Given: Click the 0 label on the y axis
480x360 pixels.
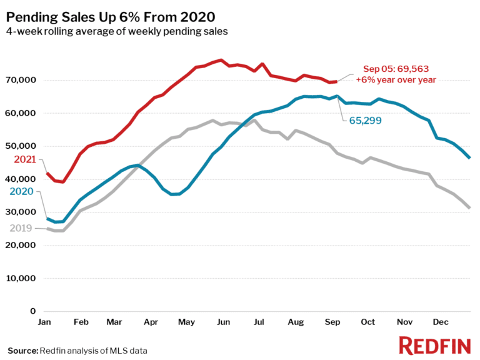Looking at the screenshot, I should tap(33, 311).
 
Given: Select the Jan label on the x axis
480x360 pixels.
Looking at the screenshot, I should tap(46, 322).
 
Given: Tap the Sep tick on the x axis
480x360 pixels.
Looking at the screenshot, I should tap(332, 322).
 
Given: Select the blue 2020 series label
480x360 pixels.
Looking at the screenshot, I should tap(22, 191).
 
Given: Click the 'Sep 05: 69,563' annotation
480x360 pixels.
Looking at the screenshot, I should tap(396, 69).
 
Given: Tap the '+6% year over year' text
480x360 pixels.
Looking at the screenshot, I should tap(396, 79).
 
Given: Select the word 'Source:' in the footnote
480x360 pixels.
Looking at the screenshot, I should tap(22, 351).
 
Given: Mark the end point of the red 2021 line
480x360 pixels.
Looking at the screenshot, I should tap(337, 81).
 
